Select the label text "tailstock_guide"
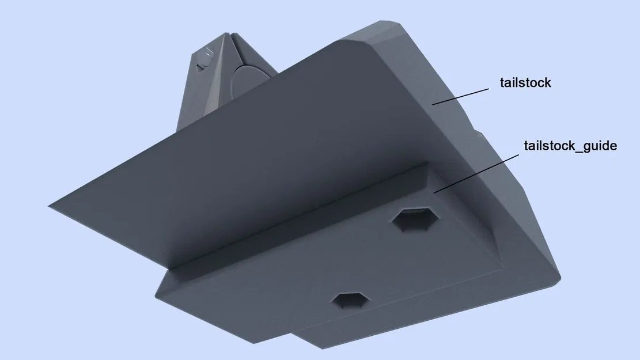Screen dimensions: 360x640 [x=570, y=146]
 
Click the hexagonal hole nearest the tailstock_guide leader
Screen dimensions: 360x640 [x=415, y=220]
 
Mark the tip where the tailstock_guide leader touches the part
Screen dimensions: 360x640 [x=434, y=192]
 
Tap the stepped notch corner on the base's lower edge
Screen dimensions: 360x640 [x=295, y=332]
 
